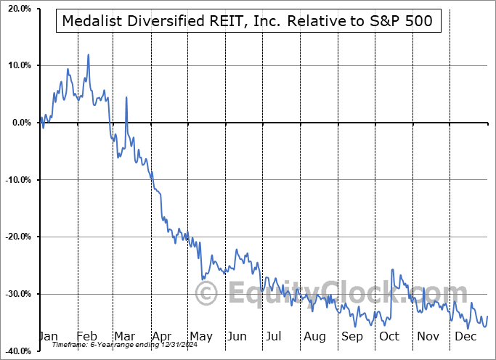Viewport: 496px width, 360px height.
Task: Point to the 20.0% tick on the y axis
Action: [x=17, y=9]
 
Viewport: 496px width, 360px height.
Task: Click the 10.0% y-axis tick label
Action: [x=17, y=65]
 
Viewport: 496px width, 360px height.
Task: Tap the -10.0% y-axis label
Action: [x=15, y=180]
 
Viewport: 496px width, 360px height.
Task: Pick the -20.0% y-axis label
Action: [x=15, y=237]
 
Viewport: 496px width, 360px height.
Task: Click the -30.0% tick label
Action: [x=15, y=294]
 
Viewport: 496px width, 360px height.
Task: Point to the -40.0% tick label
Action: [x=15, y=351]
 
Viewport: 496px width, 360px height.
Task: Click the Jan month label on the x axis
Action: [x=48, y=337]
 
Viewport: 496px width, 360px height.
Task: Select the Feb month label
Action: [x=87, y=337]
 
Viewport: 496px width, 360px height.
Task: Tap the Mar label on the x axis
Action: [x=123, y=337]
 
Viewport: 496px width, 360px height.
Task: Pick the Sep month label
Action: [x=352, y=337]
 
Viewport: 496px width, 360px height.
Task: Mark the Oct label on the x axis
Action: [x=390, y=337]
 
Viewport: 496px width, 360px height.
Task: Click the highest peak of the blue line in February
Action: [x=88, y=54]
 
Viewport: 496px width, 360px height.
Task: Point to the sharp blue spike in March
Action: [x=126, y=97]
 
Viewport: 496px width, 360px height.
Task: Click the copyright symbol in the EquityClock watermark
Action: [x=208, y=294]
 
